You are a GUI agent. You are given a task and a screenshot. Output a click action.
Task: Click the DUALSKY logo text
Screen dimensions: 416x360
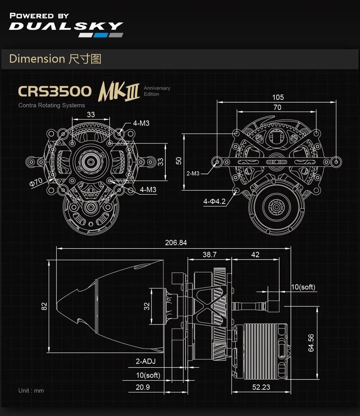(66, 27)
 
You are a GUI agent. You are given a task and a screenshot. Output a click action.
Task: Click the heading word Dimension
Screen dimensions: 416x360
(37, 59)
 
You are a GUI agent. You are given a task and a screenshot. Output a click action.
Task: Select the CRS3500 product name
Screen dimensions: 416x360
(55, 91)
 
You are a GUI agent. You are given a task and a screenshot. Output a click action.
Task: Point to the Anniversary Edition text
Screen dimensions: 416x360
(157, 91)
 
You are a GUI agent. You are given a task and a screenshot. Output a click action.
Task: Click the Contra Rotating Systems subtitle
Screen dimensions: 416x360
(52, 105)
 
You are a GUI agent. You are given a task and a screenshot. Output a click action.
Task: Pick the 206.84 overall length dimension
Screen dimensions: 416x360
(176, 242)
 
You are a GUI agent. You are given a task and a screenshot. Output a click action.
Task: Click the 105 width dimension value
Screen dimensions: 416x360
(278, 97)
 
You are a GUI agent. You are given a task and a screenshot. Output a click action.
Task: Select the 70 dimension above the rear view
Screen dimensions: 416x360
(277, 107)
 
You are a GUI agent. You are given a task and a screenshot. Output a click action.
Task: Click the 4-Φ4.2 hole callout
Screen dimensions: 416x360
(214, 202)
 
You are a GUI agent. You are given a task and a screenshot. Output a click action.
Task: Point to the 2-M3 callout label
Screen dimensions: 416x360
(193, 173)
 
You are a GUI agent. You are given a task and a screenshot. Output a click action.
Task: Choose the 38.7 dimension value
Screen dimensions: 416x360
(209, 254)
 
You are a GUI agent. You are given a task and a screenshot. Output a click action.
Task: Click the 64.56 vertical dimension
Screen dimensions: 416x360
(311, 343)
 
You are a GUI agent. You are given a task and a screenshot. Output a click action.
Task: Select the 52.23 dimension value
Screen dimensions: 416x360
(261, 387)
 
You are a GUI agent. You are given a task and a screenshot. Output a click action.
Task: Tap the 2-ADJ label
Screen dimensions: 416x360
(146, 361)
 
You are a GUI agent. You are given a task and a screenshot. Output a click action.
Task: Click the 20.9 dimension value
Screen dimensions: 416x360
(143, 387)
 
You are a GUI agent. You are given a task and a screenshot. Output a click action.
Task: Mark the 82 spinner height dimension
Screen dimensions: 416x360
(44, 306)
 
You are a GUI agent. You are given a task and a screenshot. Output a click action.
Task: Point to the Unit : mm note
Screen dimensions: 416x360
(31, 391)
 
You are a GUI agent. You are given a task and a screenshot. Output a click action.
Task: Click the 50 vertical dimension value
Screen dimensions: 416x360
(179, 161)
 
